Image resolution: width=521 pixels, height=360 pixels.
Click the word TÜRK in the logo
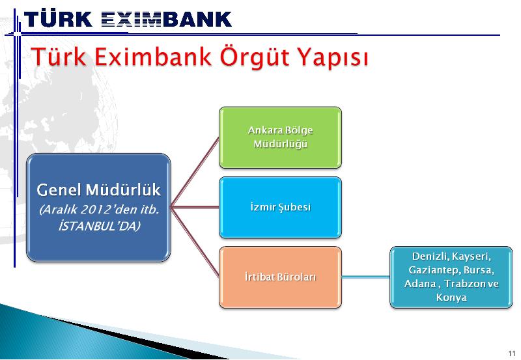tap(58, 19)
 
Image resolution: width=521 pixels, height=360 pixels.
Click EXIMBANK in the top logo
tap(166, 19)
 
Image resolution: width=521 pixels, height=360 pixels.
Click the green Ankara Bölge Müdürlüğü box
tap(280, 137)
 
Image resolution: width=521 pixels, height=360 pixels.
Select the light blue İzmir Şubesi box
tap(280, 207)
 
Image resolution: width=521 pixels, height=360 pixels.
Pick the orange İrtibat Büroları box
tap(280, 277)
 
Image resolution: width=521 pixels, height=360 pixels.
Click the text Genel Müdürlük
tap(99, 190)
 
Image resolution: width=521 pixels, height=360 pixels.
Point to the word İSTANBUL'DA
tap(100, 226)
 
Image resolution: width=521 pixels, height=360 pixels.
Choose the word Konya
tap(451, 298)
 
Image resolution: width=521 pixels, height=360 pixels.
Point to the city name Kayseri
tap(471, 256)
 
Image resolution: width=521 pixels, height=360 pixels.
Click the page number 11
tap(511, 353)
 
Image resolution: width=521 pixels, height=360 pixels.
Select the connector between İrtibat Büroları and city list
tap(366, 277)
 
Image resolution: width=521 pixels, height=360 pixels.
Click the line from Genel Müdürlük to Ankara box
tap(195, 173)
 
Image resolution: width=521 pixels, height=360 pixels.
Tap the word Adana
tap(420, 284)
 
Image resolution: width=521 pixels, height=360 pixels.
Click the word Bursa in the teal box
tap(479, 270)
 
